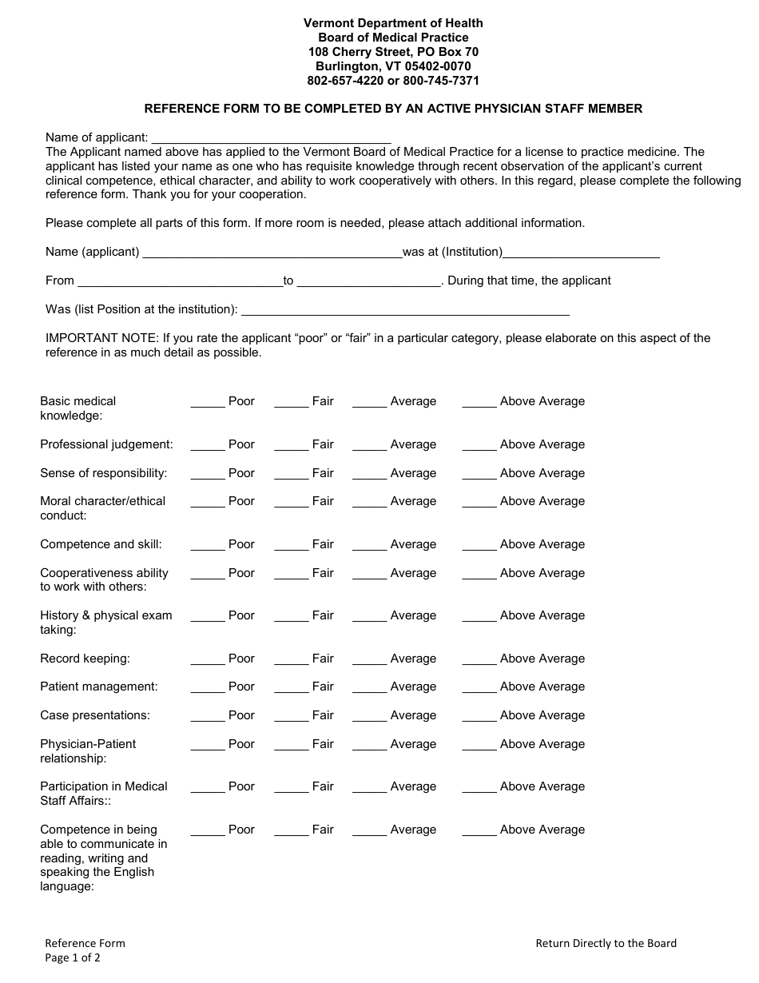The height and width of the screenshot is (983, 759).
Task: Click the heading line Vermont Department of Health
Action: coord(393,23)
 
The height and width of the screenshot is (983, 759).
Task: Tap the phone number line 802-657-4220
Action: coord(393,81)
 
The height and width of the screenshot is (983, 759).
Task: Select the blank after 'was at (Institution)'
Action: coord(581,253)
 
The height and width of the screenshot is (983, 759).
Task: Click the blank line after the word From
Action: coord(180,281)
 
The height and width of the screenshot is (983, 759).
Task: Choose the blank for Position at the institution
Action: coord(405,310)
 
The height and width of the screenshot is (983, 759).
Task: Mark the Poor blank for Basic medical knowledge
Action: coord(208,403)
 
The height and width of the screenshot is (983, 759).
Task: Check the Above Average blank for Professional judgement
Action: coord(479,446)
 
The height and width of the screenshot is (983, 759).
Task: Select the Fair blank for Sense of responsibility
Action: coord(292,475)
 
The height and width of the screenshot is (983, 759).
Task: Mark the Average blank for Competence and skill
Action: coord(369,546)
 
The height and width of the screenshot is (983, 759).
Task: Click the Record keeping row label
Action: coord(85,659)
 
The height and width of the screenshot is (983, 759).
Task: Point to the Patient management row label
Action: coord(99,687)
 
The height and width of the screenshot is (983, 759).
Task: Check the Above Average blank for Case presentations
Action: coord(479,717)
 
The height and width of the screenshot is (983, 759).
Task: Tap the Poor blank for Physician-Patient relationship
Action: coord(208,746)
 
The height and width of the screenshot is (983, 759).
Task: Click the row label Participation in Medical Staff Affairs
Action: coord(104,794)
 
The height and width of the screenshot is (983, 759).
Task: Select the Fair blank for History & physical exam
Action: coord(292,617)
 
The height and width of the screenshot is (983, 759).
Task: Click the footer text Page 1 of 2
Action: coord(73,958)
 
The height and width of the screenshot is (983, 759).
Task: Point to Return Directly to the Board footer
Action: coord(606,943)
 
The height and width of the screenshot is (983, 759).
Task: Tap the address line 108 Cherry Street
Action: coord(393,52)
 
